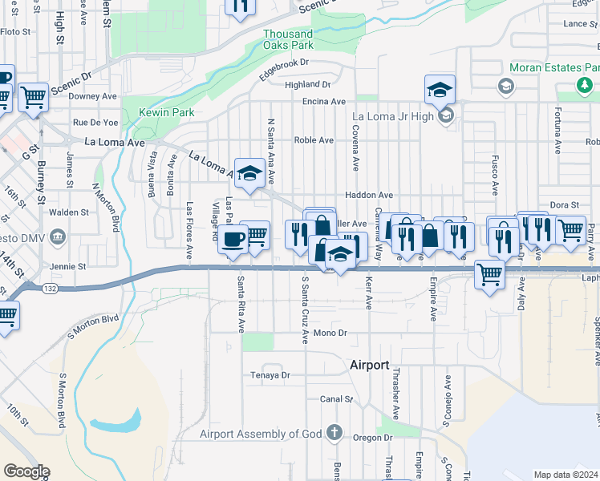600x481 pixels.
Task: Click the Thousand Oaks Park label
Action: tap(288, 39)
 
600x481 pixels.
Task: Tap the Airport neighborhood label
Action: tap(370, 365)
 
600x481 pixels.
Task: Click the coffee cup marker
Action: tap(234, 239)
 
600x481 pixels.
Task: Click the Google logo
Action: tap(26, 471)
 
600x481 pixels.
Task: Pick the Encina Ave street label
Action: tap(323, 102)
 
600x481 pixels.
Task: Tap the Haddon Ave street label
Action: tap(369, 195)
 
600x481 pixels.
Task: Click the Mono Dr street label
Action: tap(330, 333)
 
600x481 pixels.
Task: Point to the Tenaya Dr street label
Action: tap(270, 374)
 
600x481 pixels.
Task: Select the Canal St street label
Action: tap(336, 398)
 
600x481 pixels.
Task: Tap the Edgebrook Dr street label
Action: tap(284, 68)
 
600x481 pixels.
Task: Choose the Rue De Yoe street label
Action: tap(95, 123)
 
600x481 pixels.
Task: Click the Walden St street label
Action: tap(69, 212)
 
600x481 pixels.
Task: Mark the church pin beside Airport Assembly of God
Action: tap(336, 435)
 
